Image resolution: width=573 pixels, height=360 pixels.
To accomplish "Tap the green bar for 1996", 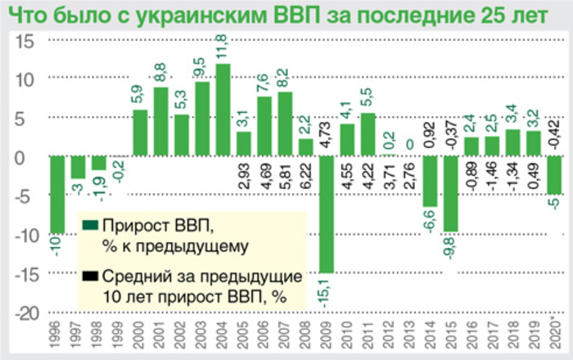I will (x=56, y=195).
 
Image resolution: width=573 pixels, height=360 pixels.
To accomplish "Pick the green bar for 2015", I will (x=451, y=194).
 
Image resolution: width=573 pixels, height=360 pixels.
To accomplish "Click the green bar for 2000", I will (x=140, y=133).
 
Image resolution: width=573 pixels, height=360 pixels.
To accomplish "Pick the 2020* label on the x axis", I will (x=556, y=338).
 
